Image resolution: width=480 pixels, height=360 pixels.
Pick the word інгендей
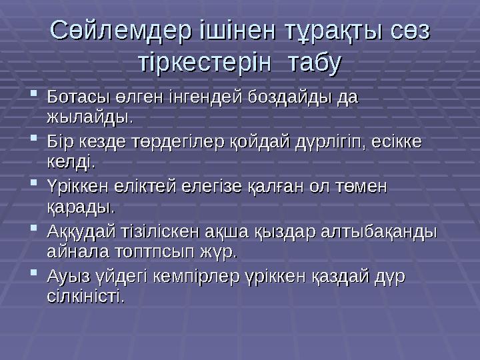197,97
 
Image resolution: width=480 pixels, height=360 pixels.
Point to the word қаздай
341,275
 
